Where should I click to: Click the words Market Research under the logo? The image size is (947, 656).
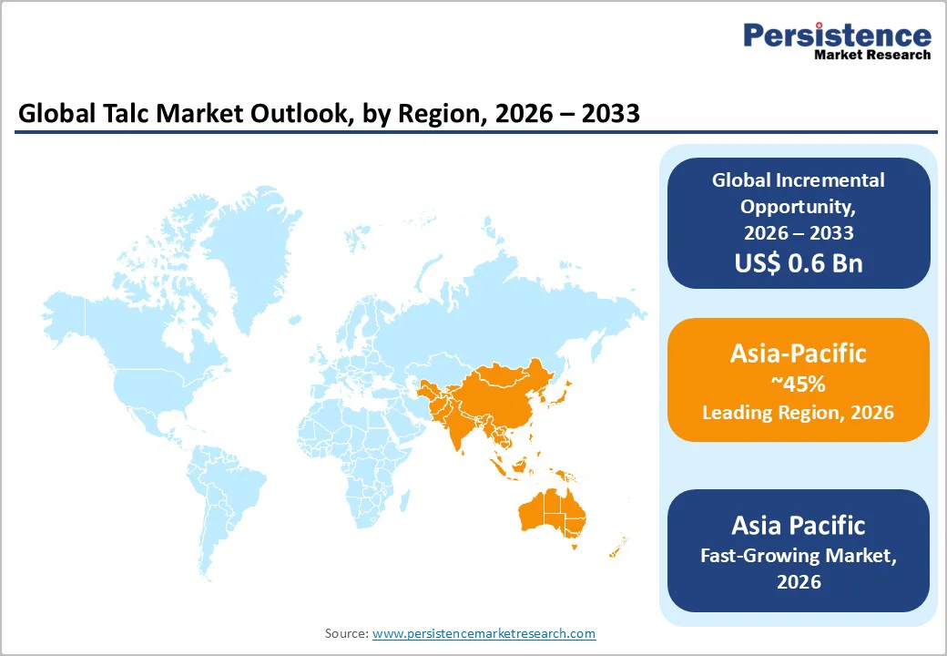[x=872, y=55]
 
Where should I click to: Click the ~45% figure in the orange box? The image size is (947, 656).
[x=798, y=384]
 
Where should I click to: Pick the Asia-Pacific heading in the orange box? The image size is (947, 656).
[x=798, y=354]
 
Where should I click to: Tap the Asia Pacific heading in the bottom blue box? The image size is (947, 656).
[x=798, y=525]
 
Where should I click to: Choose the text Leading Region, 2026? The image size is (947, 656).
[x=798, y=413]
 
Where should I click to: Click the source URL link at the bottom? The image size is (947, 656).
[x=484, y=633]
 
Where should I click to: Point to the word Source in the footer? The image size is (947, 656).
[x=345, y=633]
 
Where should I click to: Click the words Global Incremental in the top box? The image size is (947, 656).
[x=798, y=179]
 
